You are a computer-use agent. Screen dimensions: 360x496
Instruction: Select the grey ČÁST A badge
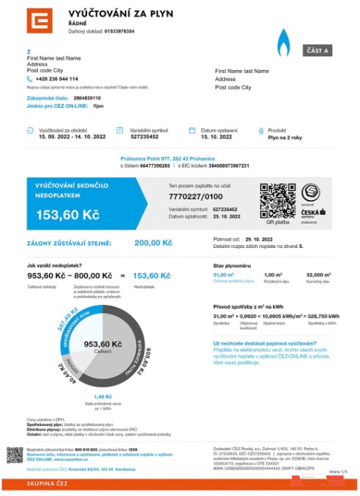coord(318,50)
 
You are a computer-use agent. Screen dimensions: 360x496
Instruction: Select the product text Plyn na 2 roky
coord(285,137)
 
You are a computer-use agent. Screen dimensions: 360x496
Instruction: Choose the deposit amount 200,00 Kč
coord(153,242)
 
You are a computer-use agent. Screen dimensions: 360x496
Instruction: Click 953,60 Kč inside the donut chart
coord(97,344)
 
